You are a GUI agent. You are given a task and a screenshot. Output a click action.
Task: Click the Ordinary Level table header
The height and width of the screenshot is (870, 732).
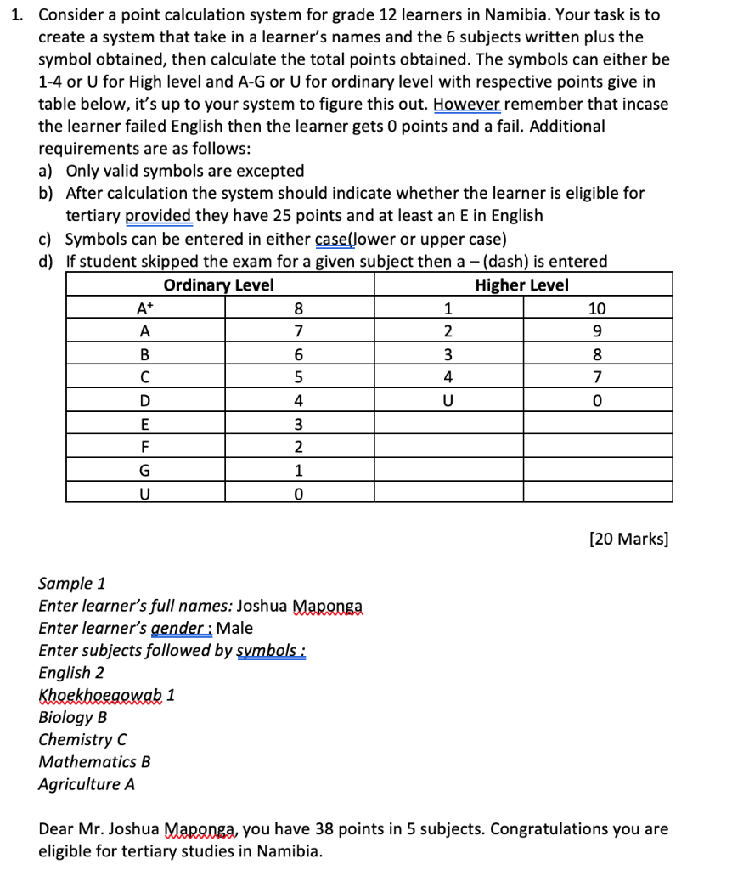[218, 285]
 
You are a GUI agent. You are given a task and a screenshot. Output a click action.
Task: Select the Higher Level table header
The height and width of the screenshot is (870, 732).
[521, 285]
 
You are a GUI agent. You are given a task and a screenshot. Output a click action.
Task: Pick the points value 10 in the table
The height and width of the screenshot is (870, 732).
[599, 308]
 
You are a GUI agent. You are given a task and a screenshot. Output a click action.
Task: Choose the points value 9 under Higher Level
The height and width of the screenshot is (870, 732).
[599, 331]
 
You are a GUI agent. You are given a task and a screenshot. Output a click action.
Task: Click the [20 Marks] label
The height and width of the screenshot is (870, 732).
[628, 538]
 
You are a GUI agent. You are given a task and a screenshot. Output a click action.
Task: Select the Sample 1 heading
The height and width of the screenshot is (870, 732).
[72, 583]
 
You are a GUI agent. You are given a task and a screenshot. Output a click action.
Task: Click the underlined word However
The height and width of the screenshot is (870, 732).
[466, 104]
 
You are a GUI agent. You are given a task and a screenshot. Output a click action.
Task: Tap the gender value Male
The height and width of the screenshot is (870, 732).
[235, 628]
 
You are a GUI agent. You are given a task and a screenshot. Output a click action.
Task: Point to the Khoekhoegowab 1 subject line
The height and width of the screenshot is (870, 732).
[107, 694]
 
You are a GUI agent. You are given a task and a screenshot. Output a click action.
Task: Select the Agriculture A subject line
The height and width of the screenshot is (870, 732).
[87, 784]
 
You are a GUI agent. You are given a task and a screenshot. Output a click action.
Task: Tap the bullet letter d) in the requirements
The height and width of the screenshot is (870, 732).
[47, 261]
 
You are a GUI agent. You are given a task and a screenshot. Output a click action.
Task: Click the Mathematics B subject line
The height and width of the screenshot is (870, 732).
[95, 761]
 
